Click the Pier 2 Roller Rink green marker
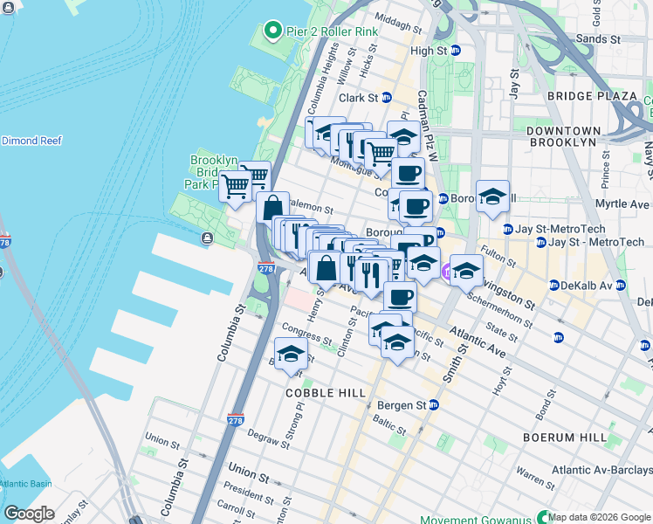tap(272, 32)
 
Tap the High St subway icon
tap(455, 51)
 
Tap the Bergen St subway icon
tap(435, 406)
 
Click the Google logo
tap(30, 514)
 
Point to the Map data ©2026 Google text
tap(599, 517)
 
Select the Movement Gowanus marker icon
tap(546, 517)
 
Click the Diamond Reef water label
tap(31, 140)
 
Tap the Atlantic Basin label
tap(25, 484)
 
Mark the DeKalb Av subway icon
tap(554, 286)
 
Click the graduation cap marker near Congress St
tap(292, 354)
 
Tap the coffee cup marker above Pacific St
tap(400, 296)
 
